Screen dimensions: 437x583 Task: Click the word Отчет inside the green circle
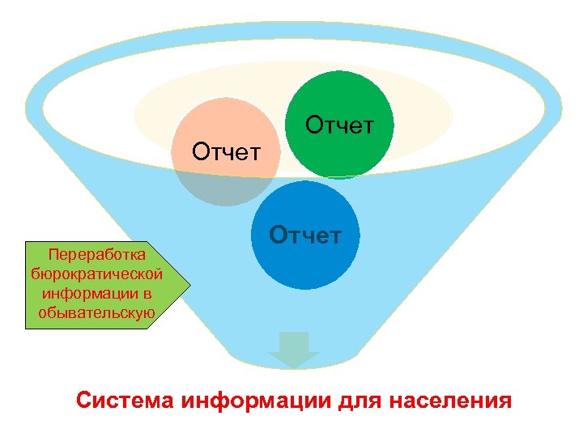pos(340,125)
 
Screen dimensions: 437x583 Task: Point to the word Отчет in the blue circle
pos(305,235)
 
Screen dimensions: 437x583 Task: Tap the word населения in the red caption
pos(449,401)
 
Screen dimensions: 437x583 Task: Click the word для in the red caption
pos(358,401)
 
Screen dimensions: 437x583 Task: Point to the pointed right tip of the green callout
pos(189,284)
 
